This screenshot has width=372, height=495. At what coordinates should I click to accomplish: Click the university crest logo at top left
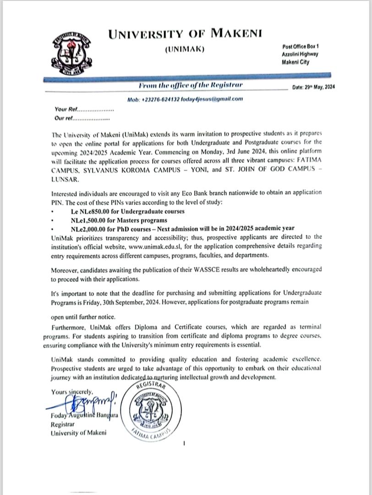click(x=71, y=55)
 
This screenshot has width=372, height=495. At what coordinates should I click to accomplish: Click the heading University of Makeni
click(x=186, y=34)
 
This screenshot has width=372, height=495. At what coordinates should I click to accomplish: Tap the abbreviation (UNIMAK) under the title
click(x=185, y=49)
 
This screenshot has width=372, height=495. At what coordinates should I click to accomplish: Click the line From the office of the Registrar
click(x=191, y=85)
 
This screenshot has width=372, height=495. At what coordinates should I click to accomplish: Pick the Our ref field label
click(x=64, y=118)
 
